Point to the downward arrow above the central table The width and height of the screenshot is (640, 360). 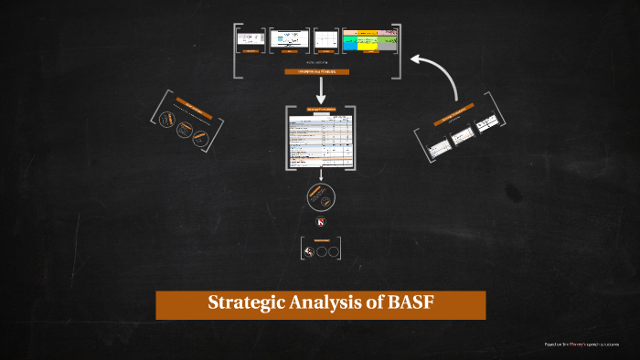320,90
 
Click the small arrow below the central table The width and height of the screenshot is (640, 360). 320,175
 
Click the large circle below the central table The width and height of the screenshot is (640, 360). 320,196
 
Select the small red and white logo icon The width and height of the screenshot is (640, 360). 321,223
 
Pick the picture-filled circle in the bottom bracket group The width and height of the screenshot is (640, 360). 312,250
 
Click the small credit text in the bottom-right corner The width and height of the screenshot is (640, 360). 580,344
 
